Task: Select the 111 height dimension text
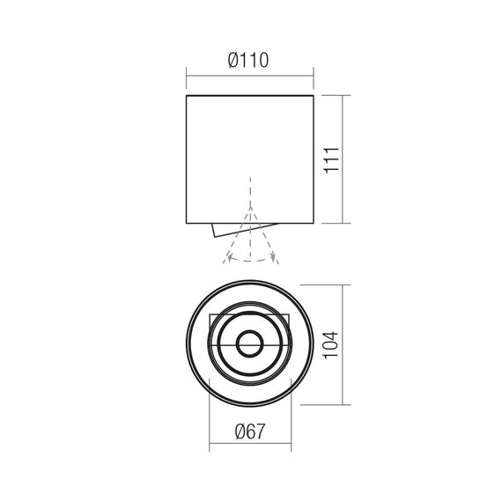pos(332,159)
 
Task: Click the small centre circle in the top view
pos(250,344)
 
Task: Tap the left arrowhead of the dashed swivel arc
pos(226,256)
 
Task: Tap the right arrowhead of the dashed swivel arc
pos(276,256)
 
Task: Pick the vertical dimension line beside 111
pos(343,159)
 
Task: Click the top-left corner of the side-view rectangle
pos(187,95)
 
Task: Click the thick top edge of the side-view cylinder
pos(250,95)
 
